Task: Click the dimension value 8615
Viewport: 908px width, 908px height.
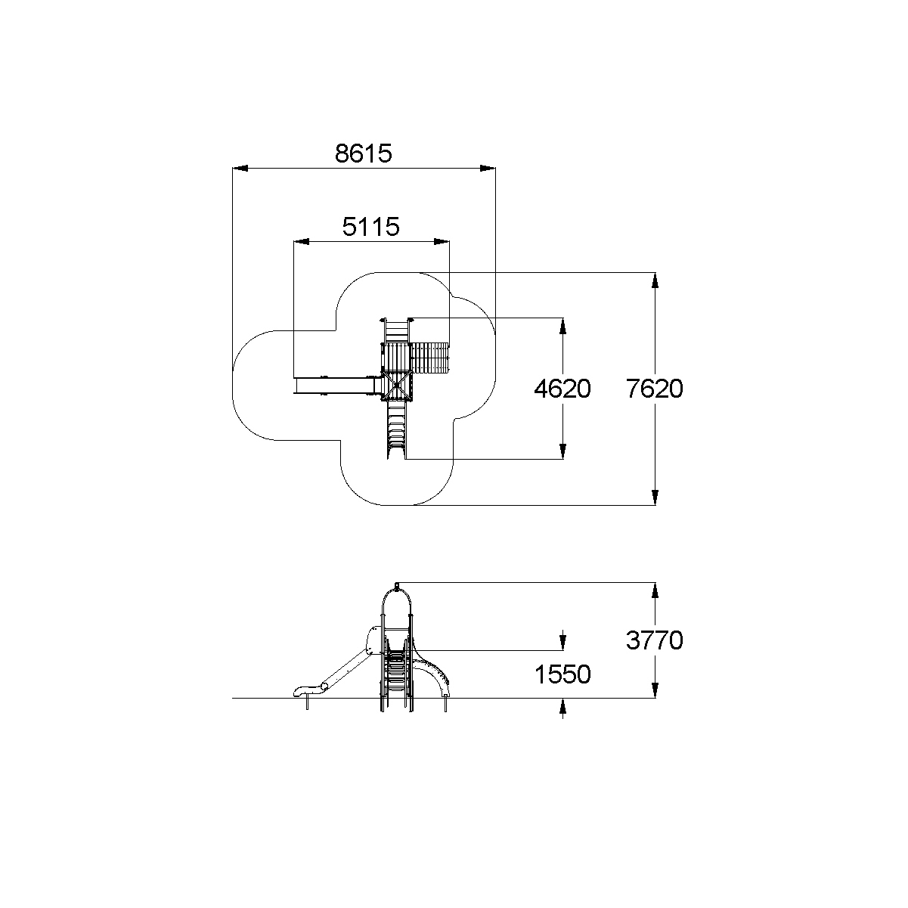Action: tap(364, 153)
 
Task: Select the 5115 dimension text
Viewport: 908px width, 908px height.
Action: tap(370, 226)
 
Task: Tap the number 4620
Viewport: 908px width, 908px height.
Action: tap(562, 389)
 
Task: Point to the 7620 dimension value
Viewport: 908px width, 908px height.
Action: tap(655, 389)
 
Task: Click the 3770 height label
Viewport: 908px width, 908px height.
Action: tap(655, 640)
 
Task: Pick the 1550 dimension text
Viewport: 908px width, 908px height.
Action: tap(562, 674)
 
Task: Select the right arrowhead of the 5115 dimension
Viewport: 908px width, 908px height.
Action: tap(442, 242)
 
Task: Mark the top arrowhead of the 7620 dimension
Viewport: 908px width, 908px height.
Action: tap(655, 280)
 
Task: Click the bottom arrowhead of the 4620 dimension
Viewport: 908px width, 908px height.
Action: tap(562, 451)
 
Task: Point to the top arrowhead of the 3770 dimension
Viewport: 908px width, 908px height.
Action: tap(655, 590)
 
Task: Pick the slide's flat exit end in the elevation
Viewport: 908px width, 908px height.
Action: tap(302, 690)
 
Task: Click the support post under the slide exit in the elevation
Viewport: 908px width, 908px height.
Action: tap(307, 704)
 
